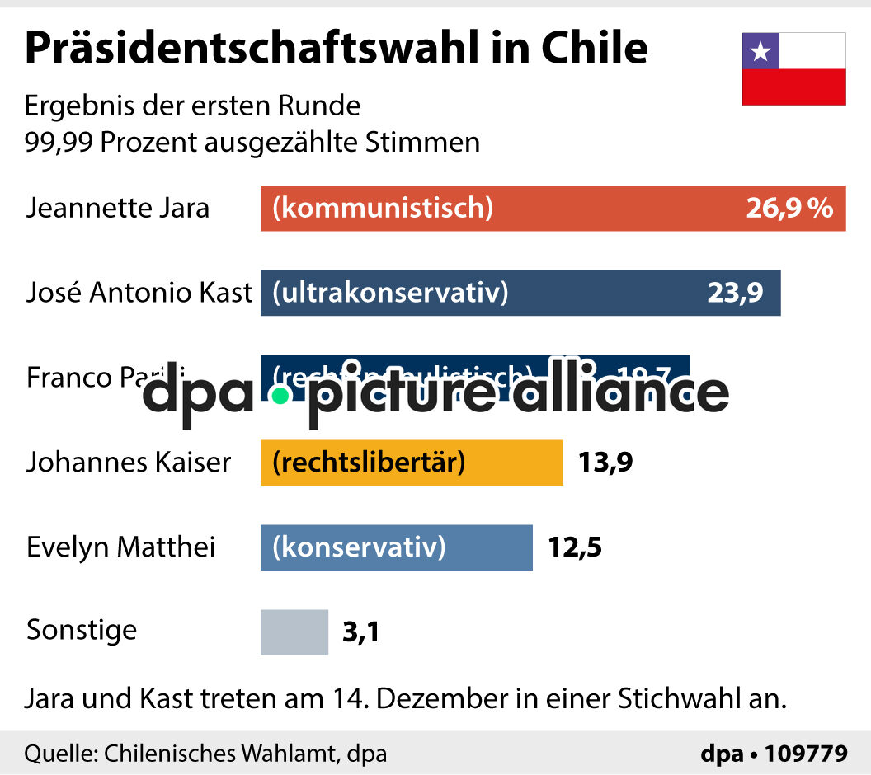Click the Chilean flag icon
tap(793, 69)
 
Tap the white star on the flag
tap(760, 51)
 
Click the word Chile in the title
tap(594, 49)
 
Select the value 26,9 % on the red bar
tap(789, 208)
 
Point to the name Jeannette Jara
tap(118, 208)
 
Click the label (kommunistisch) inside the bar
tap(383, 208)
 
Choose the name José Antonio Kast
tap(139, 293)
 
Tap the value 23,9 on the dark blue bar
tap(735, 293)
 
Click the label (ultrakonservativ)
tap(390, 293)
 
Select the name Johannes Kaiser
tap(129, 462)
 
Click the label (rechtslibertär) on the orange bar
tap(369, 462)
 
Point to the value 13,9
tap(605, 463)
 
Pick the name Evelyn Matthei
tap(121, 547)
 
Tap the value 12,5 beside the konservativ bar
tap(575, 547)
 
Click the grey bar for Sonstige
tap(294, 632)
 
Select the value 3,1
tap(360, 633)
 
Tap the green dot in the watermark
tap(280, 396)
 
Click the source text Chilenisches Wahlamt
tap(218, 754)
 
